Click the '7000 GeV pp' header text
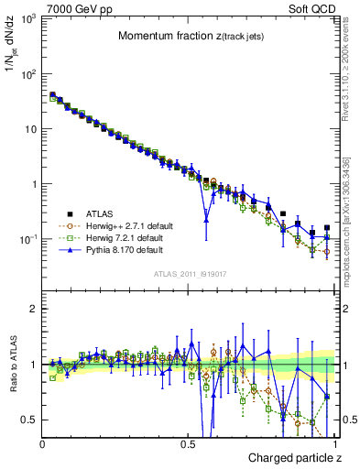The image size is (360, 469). (x=73, y=8)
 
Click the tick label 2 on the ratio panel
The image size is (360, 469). (x=33, y=310)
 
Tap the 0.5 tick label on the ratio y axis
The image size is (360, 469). (x=29, y=420)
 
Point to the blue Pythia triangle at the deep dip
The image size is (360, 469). (x=207, y=220)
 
